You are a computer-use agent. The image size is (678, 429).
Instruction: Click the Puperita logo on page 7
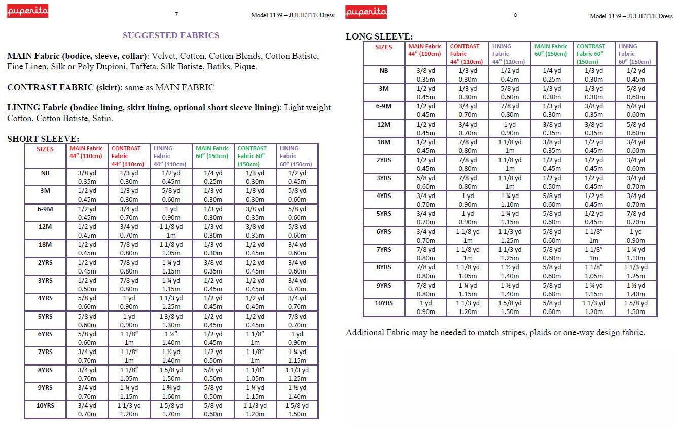click(x=27, y=11)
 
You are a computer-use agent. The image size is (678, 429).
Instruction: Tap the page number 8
click(x=515, y=15)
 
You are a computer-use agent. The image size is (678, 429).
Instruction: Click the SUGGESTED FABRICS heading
click(x=171, y=35)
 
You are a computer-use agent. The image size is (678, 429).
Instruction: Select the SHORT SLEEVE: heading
click(x=43, y=139)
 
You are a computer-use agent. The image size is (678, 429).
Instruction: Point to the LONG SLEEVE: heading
click(x=379, y=36)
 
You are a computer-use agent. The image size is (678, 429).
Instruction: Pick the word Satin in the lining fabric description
click(x=101, y=119)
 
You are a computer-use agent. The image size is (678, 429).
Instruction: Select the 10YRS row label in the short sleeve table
click(x=45, y=405)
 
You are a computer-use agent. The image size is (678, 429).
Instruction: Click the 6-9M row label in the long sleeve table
click(x=384, y=106)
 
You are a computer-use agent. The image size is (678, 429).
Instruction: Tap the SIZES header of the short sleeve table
click(x=45, y=149)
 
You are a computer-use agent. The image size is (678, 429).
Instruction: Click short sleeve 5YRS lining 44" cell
click(x=171, y=321)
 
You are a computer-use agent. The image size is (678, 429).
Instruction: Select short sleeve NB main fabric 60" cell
click(x=213, y=177)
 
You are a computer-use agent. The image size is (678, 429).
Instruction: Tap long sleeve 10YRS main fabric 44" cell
click(x=425, y=307)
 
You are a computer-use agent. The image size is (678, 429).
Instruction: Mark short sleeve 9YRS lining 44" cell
click(x=171, y=392)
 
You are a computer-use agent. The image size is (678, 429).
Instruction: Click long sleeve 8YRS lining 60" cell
click(x=636, y=271)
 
